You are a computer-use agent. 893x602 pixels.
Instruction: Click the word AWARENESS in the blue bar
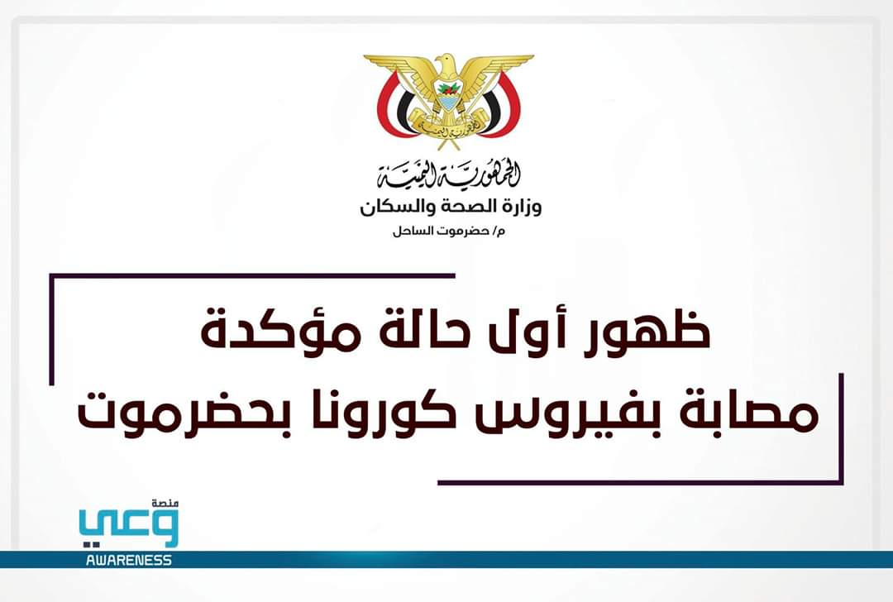(x=128, y=561)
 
